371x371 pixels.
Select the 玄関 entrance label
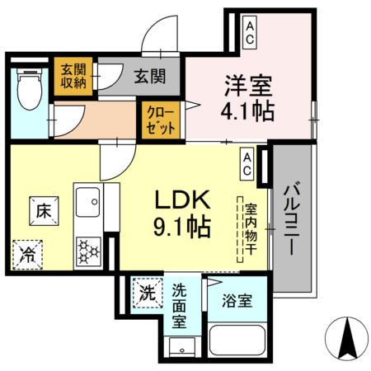[x=150, y=77]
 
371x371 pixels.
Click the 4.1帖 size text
[x=247, y=110]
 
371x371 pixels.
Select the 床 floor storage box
[x=44, y=211]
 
